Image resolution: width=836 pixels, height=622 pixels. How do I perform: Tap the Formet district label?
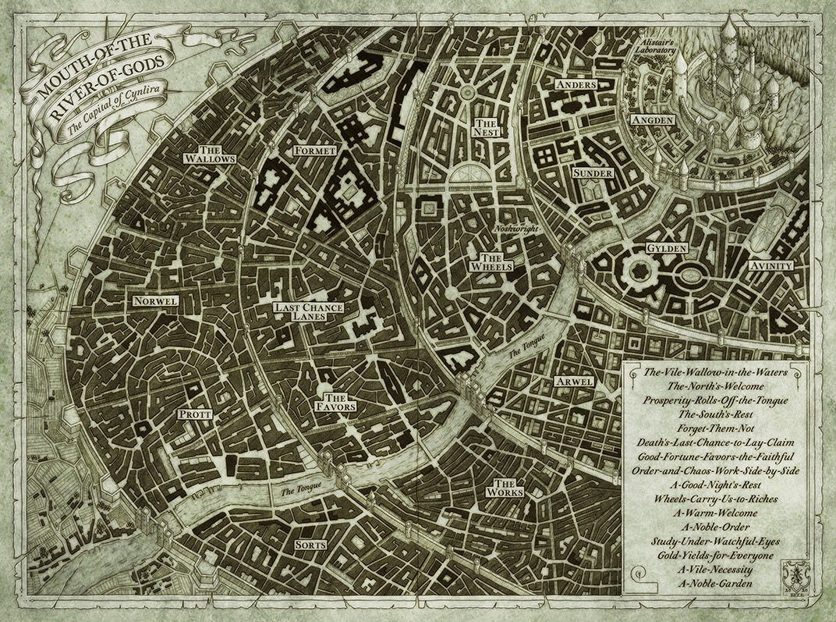click(x=314, y=150)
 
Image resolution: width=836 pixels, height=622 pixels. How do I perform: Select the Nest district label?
click(x=485, y=128)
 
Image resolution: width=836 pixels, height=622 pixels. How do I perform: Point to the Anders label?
click(x=576, y=84)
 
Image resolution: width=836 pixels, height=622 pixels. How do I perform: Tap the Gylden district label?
click(x=666, y=248)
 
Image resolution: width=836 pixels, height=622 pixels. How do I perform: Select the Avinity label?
click(x=770, y=265)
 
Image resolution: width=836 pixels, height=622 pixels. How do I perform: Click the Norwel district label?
click(x=156, y=300)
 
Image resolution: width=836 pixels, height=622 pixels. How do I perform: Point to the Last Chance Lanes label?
click(x=309, y=312)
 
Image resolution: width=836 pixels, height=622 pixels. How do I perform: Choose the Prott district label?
click(x=193, y=414)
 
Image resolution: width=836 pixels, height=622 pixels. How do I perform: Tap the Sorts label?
click(x=310, y=545)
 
